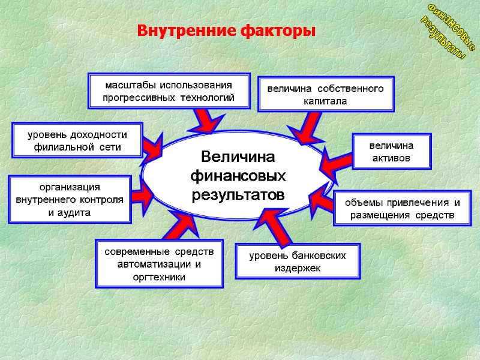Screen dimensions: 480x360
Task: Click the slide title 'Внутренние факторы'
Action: tap(226, 30)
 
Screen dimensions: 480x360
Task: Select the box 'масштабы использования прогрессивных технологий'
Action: tap(169, 91)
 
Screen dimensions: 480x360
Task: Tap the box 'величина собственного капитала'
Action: tap(325, 95)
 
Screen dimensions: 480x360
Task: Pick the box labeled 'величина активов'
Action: tap(391, 152)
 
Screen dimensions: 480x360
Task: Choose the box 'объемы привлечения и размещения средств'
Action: tap(402, 208)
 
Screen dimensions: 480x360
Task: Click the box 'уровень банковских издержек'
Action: tap(298, 262)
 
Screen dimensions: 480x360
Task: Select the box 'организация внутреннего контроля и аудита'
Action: tap(70, 200)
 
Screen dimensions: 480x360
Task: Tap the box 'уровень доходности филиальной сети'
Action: tap(78, 140)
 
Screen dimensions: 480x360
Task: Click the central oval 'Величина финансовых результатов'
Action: tap(237, 176)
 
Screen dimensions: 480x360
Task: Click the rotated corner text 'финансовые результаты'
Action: tap(447, 30)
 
